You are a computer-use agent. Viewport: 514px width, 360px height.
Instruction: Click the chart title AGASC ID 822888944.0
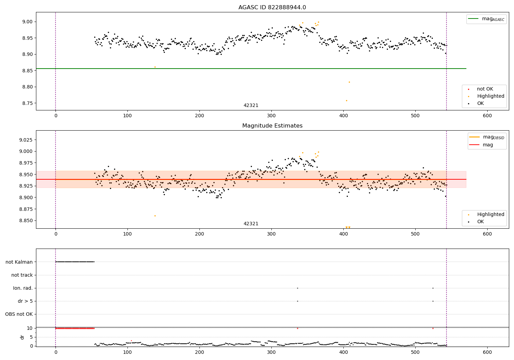pyautogui.click(x=272, y=8)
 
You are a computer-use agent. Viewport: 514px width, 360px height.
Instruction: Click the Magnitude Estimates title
pyautogui.click(x=272, y=126)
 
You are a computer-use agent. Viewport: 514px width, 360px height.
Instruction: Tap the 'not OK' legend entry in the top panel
pyautogui.click(x=485, y=89)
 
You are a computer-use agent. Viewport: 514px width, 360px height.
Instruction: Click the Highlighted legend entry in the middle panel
pyautogui.click(x=490, y=215)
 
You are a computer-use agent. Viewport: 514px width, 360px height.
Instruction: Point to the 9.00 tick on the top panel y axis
pyautogui.click(x=27, y=22)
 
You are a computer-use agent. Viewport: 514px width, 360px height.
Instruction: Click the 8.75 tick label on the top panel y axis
pyautogui.click(x=27, y=103)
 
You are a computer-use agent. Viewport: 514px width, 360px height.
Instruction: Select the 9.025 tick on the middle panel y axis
pyautogui.click(x=25, y=140)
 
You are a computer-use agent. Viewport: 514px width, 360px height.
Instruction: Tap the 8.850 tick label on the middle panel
pyautogui.click(x=25, y=220)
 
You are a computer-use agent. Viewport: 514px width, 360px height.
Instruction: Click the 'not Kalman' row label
pyautogui.click(x=19, y=262)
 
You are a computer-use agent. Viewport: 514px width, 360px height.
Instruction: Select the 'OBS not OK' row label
pyautogui.click(x=19, y=314)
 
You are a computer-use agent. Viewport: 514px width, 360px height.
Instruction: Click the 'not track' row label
pyautogui.click(x=22, y=275)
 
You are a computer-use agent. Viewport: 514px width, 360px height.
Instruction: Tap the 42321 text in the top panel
pyautogui.click(x=251, y=106)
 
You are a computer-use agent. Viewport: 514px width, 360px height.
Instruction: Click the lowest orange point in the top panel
pyautogui.click(x=346, y=100)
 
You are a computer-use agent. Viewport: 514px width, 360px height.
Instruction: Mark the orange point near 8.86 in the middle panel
pyautogui.click(x=155, y=216)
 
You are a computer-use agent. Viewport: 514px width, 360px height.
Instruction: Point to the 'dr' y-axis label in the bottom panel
pyautogui.click(x=22, y=337)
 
